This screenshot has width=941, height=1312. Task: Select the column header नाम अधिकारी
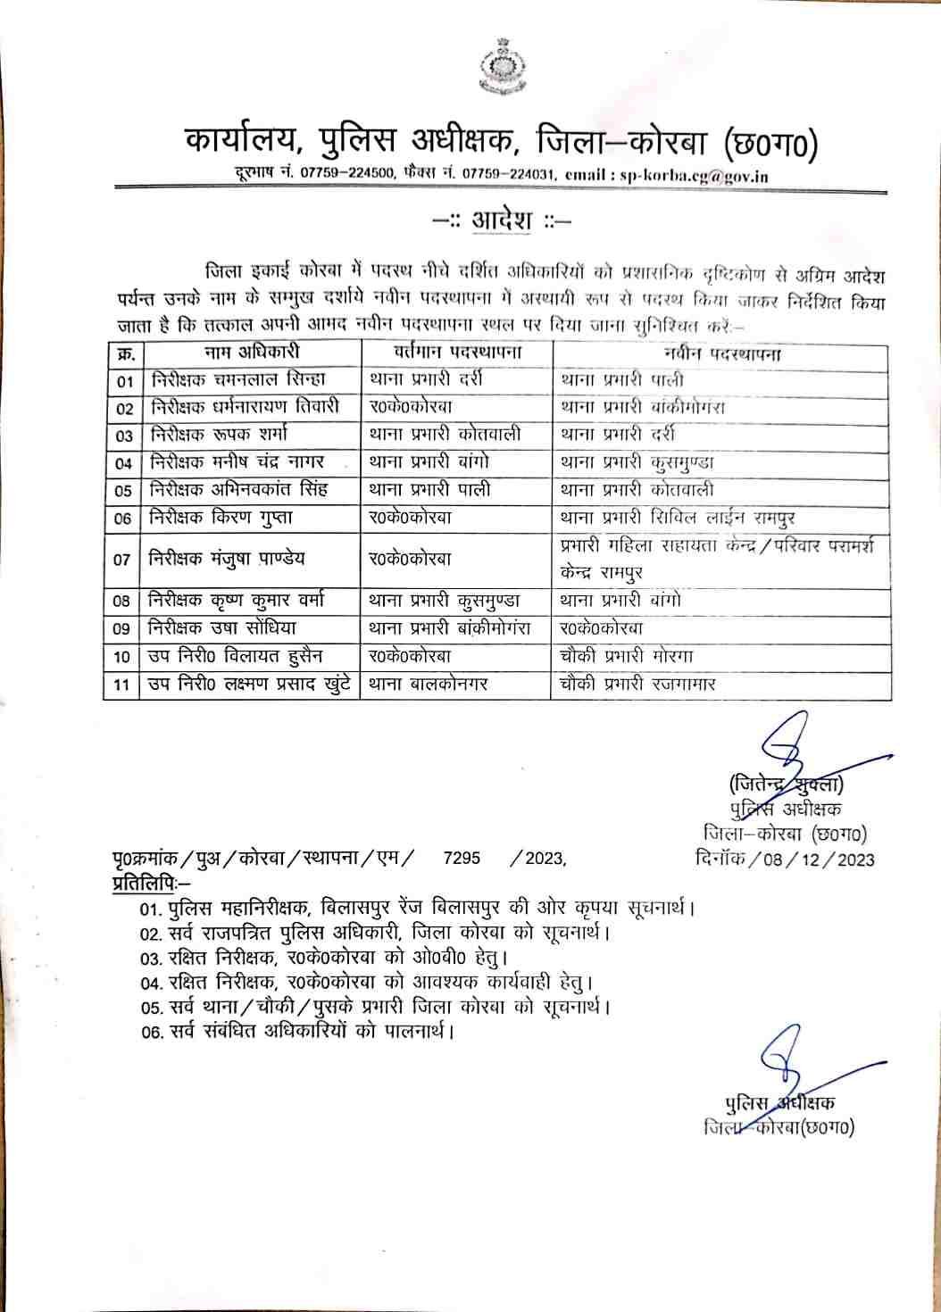pos(251,353)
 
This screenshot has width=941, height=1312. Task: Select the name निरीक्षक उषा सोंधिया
pos(223,628)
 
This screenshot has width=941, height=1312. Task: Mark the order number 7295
pos(462,859)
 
